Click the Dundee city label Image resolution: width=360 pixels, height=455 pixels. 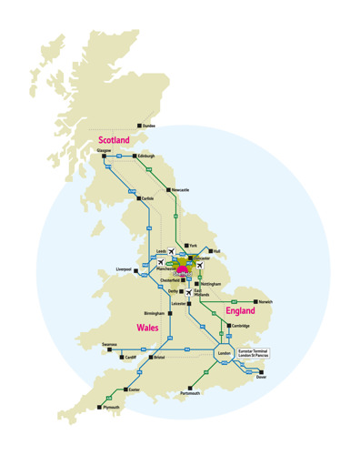149,126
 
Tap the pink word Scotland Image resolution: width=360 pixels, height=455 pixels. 114,140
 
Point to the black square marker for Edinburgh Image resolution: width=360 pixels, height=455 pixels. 135,156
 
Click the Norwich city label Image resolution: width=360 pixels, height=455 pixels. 264,301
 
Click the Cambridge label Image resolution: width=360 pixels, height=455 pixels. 241,325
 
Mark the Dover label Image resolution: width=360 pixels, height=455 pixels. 262,376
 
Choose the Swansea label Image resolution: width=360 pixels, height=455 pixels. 109,345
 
